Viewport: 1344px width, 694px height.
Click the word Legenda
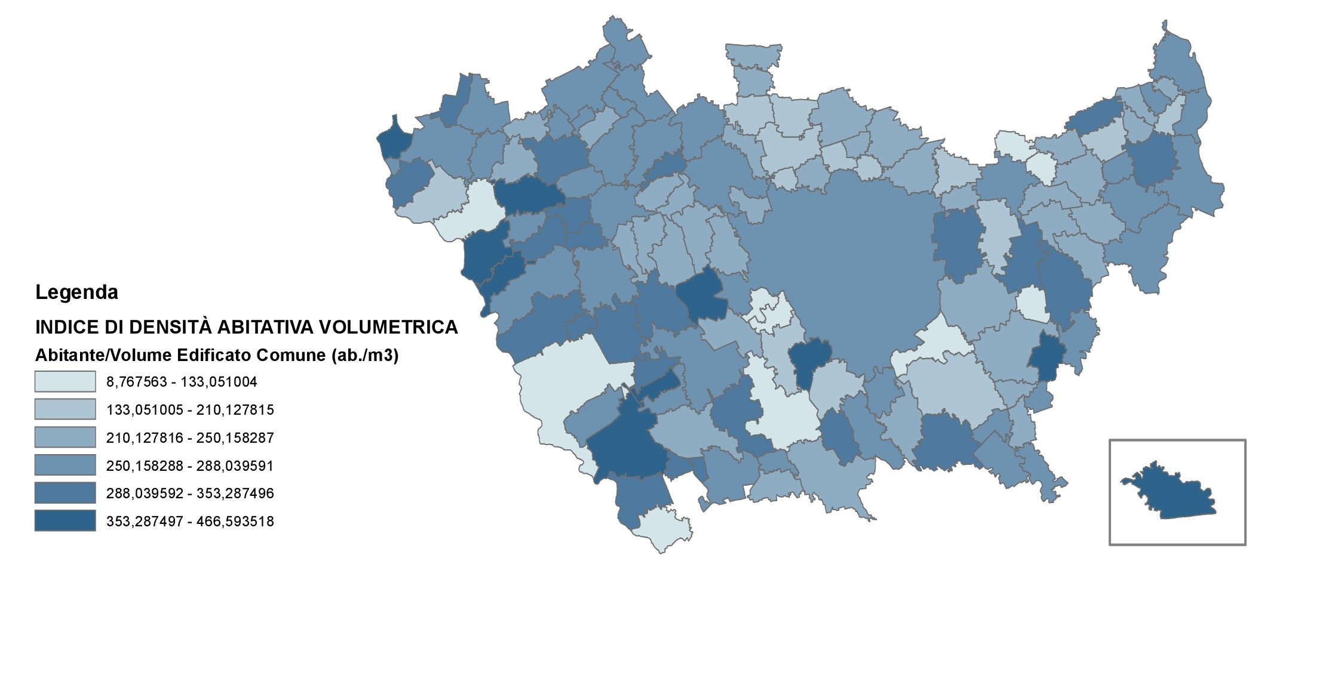76,292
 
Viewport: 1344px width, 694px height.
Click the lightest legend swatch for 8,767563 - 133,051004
65,381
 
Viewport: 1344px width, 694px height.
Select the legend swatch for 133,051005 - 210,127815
65,409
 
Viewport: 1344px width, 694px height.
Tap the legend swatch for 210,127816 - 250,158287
65,437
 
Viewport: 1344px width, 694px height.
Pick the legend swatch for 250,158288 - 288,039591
65,465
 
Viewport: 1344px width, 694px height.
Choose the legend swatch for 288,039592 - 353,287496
65,493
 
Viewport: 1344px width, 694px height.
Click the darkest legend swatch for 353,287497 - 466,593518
65,521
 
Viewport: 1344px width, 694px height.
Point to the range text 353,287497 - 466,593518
190,522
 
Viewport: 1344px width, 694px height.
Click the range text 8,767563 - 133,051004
182,382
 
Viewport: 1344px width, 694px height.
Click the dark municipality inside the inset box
1171,494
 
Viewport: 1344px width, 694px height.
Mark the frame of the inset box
1110,492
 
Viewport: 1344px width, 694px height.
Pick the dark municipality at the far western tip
394,140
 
